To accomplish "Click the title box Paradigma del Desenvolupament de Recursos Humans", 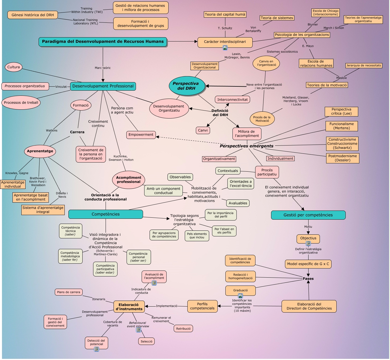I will pyautogui.click(x=103, y=41).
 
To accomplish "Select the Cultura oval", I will pyautogui.click(x=14, y=67).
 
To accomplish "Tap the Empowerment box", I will pyautogui.click(x=141, y=135).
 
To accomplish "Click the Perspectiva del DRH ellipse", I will pyautogui.click(x=186, y=86).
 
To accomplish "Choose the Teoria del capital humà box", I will pyautogui.click(x=225, y=14).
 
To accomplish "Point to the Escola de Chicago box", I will pyautogui.click(x=325, y=13).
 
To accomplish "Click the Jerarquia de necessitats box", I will pyautogui.click(x=364, y=65).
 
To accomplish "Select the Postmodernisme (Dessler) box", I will pyautogui.click(x=343, y=158).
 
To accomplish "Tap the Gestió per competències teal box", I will pyautogui.click(x=308, y=215).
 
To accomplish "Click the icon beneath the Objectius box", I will pyautogui.click(x=308, y=244).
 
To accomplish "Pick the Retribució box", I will pyautogui.click(x=183, y=329).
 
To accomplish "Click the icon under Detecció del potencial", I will pyautogui.click(x=97, y=349).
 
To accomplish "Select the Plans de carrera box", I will pyautogui.click(x=68, y=292).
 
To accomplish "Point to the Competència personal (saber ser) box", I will pyautogui.click(x=139, y=257).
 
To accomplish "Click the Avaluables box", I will pyautogui.click(x=238, y=203).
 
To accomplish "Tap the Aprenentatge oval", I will pyautogui.click(x=40, y=151).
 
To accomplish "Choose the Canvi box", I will pyautogui.click(x=203, y=130).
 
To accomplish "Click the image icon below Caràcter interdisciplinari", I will pyautogui.click(x=225, y=48).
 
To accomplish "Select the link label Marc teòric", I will pyautogui.click(x=103, y=68).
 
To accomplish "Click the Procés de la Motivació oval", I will pyautogui.click(x=262, y=119).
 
